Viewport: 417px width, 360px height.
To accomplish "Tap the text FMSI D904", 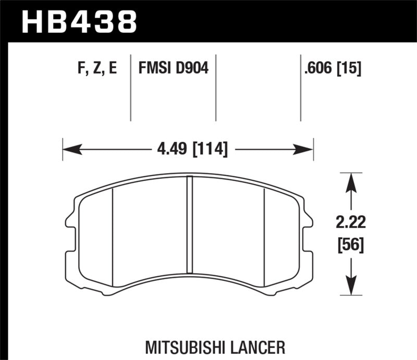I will point(173,68).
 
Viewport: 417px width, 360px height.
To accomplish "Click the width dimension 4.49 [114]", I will point(192,150).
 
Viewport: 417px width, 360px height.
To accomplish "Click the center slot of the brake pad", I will point(189,229).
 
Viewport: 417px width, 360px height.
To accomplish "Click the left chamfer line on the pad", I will point(113,237).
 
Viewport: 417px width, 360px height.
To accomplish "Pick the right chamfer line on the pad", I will point(265,237).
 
